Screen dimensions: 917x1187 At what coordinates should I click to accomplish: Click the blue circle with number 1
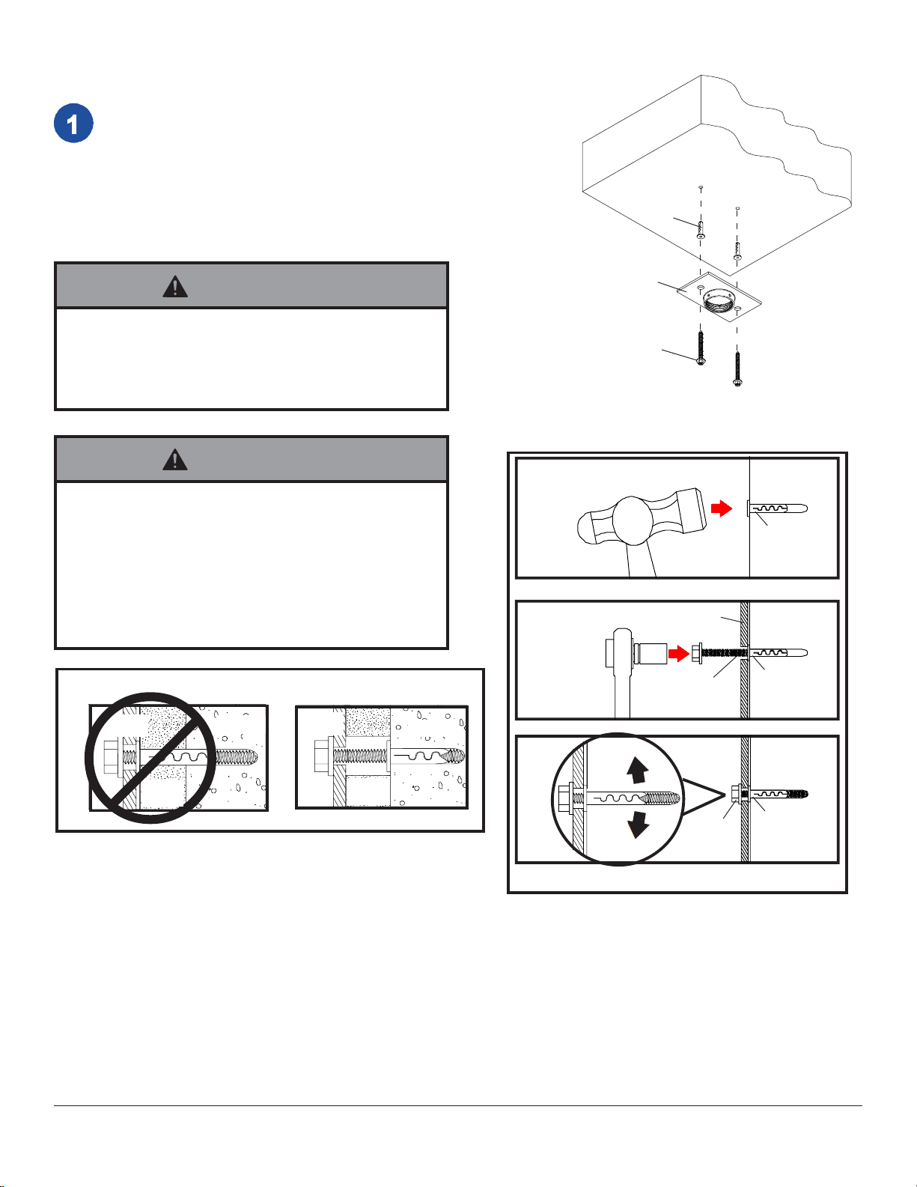pos(73,123)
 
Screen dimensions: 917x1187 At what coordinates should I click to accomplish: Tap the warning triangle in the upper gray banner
pos(175,287)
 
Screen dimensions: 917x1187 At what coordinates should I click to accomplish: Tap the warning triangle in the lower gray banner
pos(175,460)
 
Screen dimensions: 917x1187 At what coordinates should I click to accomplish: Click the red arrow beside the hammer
pos(722,508)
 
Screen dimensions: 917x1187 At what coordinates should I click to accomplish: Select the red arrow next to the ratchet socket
pos(679,653)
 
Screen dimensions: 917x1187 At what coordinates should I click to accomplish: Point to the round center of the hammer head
pos(633,520)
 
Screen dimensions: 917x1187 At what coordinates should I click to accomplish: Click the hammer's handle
pos(641,560)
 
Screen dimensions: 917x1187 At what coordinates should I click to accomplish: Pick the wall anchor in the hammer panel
pos(777,509)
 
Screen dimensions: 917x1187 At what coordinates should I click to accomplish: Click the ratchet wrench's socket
pos(651,653)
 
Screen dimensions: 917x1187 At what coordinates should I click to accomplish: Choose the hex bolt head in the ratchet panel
pos(696,653)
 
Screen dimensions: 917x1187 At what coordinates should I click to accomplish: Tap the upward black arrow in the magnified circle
pos(637,770)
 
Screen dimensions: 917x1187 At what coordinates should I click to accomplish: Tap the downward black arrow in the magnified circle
pos(638,825)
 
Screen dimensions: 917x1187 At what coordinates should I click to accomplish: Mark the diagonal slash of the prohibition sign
pos(151,758)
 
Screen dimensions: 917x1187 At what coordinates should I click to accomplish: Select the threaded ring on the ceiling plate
pos(719,303)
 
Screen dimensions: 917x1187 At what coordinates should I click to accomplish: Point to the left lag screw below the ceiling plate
pos(701,347)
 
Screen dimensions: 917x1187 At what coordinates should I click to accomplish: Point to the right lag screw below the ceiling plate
pos(737,369)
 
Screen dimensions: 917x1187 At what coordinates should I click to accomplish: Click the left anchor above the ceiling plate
pos(701,230)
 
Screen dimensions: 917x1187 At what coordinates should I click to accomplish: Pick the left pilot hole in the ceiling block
pos(701,187)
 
